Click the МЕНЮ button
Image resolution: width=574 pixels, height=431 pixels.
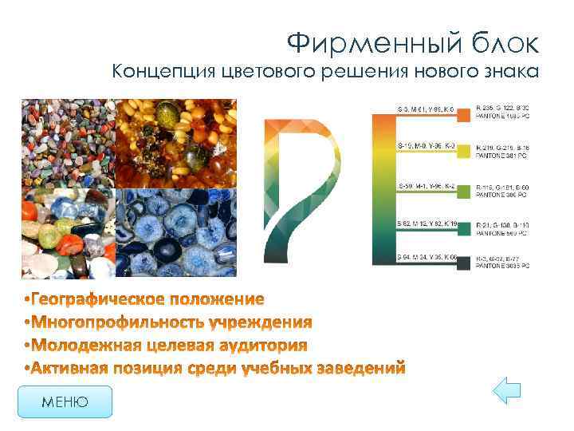(x=65, y=402)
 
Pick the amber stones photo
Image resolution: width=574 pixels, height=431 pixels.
(x=177, y=143)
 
